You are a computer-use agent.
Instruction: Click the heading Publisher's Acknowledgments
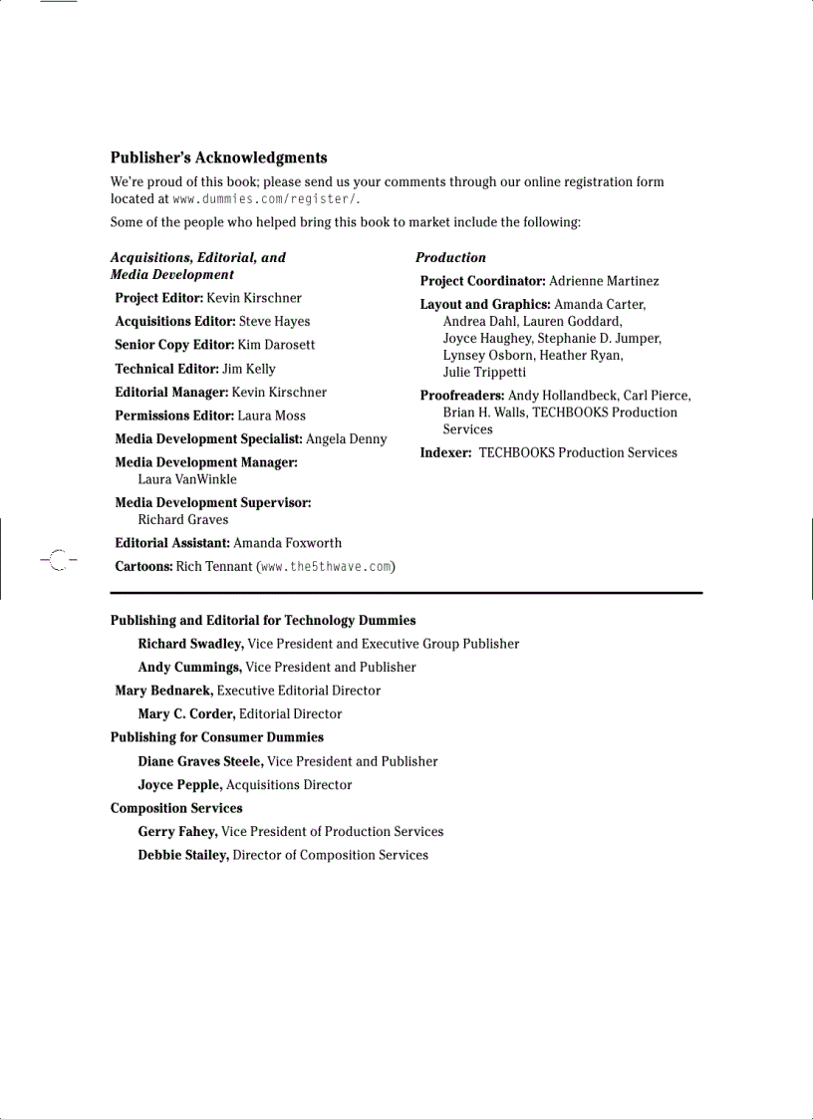click(218, 157)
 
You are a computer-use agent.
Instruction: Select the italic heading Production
click(450, 257)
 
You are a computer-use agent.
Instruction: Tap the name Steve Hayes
click(274, 321)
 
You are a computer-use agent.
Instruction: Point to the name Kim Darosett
click(276, 345)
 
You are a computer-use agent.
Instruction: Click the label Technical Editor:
click(166, 369)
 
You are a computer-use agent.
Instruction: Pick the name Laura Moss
click(271, 416)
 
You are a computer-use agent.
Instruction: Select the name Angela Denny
click(346, 438)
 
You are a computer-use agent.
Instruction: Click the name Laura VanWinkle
click(187, 479)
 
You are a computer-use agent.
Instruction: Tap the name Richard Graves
click(183, 519)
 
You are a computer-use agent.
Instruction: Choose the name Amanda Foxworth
click(287, 543)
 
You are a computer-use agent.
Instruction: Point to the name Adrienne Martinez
click(604, 281)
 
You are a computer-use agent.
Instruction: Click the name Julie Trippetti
click(484, 373)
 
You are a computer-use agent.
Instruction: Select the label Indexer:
click(445, 452)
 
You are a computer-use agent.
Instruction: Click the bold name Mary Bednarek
click(164, 691)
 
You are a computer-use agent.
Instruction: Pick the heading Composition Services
click(176, 808)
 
